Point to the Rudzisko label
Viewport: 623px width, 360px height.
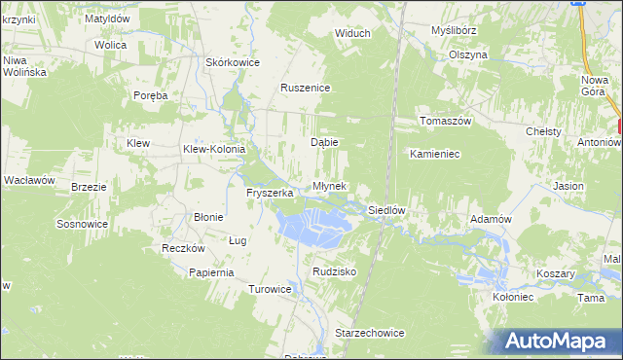coord(334,271)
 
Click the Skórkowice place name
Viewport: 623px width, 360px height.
coord(232,62)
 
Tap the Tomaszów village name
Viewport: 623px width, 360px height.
coord(445,121)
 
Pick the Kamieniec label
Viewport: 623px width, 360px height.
coord(434,154)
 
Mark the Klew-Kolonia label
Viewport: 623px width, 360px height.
coord(215,149)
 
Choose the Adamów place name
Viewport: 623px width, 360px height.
coord(491,219)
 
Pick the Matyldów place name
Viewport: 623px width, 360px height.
coord(107,18)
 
